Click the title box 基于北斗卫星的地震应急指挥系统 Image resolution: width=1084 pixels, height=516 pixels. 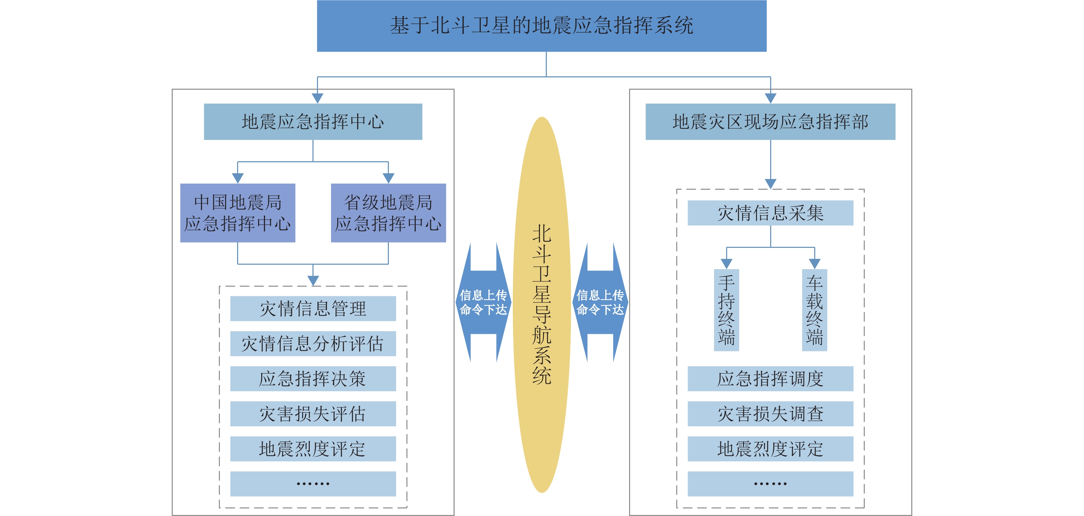point(542,26)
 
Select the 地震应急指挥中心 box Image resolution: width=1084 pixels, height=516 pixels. point(313,122)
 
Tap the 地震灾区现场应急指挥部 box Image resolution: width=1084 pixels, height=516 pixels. point(770,122)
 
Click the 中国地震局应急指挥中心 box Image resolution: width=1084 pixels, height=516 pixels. point(237,213)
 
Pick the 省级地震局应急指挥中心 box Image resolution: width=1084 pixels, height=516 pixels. point(388,213)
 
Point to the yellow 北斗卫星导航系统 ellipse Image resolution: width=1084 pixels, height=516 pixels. point(542,305)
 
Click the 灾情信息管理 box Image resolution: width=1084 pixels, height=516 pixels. point(313,309)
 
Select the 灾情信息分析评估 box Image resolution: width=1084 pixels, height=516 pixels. point(313,343)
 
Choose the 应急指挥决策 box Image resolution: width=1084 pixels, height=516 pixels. point(313,378)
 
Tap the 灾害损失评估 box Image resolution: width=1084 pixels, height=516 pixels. point(313,414)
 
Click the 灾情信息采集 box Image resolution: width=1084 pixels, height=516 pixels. point(770,213)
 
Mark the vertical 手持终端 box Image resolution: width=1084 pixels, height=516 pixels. point(726,310)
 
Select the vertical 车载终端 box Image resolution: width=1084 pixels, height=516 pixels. point(814,310)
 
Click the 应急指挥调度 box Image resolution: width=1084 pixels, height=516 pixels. point(770,378)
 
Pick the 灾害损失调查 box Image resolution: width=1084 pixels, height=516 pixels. point(770,414)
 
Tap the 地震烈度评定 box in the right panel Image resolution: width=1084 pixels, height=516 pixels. point(770,449)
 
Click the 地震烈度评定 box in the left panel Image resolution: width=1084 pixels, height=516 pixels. point(313,449)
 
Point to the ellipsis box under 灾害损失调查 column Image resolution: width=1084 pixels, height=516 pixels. point(770,484)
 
